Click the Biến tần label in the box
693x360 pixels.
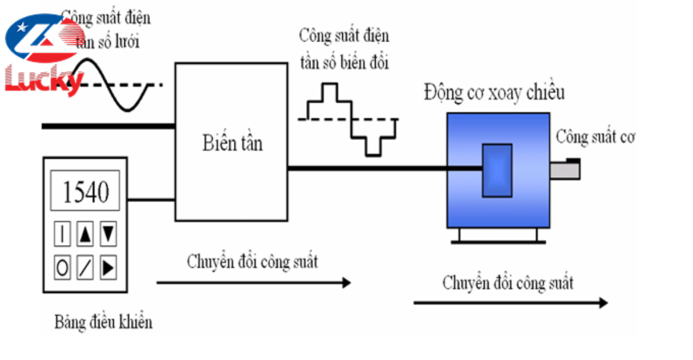[x=232, y=143]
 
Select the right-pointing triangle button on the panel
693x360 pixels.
[x=108, y=268]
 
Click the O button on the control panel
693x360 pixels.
[x=62, y=268]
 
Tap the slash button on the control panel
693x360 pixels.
[x=85, y=268]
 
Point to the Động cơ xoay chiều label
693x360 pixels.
[x=494, y=93]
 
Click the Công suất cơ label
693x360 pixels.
[x=595, y=137]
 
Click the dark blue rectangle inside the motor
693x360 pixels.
[x=496, y=171]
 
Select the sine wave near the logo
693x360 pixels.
[x=110, y=85]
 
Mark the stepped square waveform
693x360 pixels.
[x=349, y=120]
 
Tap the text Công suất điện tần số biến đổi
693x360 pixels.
[x=344, y=49]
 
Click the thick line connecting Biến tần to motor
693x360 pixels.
[x=385, y=169]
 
